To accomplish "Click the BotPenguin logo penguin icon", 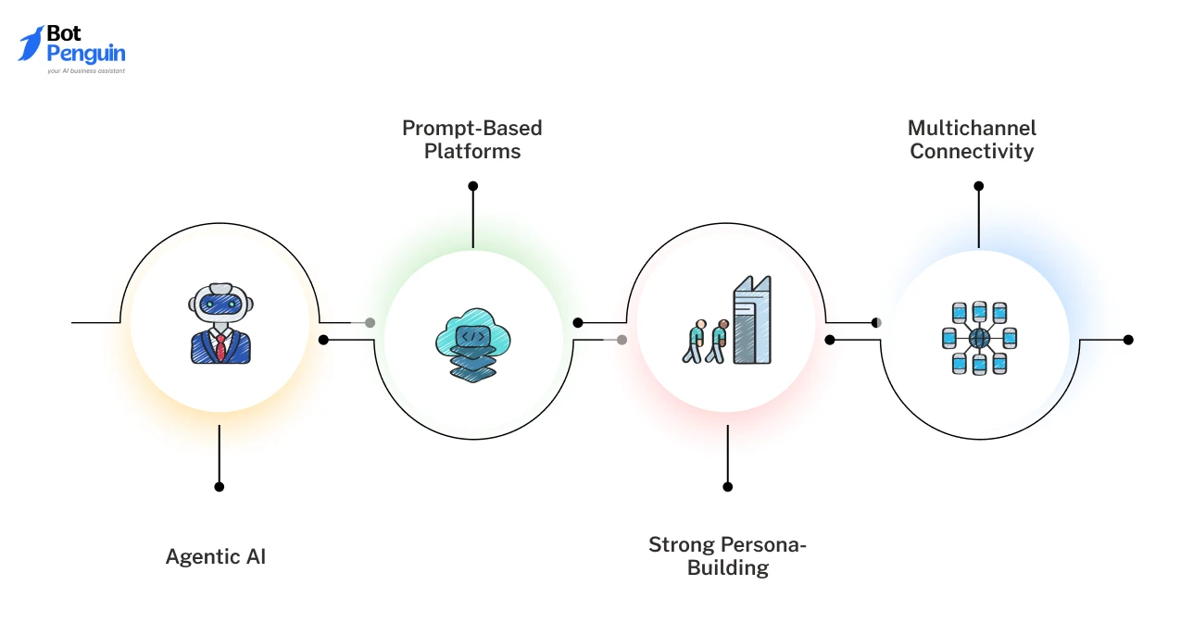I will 31,44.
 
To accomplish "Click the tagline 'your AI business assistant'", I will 86,70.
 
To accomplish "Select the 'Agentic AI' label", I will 216,556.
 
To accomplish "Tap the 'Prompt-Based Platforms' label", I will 472,139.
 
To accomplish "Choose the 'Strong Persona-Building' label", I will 727,555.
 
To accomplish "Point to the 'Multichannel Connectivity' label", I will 972,139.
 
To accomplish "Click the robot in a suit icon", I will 220,326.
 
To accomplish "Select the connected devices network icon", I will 979,338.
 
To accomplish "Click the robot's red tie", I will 220,347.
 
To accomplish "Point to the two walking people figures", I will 706,341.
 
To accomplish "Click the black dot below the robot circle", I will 220,486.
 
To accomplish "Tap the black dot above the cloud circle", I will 473,186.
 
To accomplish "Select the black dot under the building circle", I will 728,486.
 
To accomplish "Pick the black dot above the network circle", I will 979,186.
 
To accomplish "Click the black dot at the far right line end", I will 1128,340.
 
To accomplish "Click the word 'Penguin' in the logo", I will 85,54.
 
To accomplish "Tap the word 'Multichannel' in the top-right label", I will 972,128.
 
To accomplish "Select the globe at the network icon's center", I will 979,339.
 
